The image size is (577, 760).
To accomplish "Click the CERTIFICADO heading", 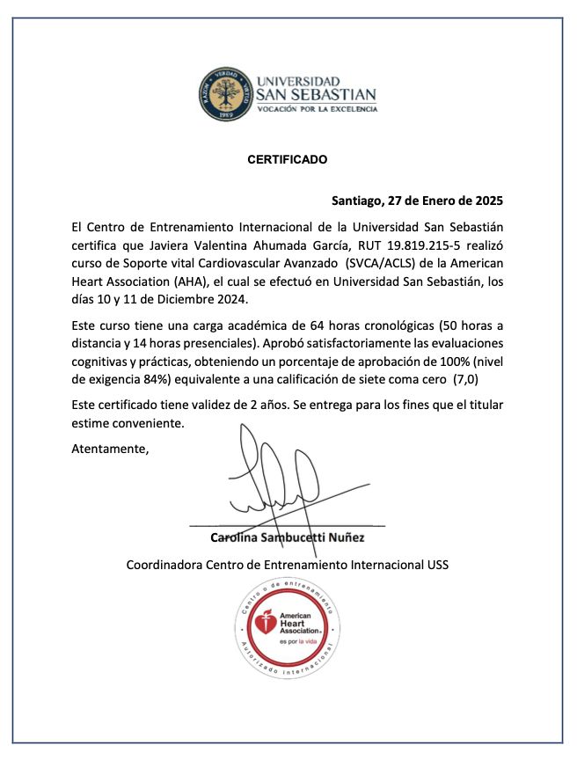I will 287,160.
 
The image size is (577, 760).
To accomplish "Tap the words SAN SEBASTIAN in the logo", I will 315,94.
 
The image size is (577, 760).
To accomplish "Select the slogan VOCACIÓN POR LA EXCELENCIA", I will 316,109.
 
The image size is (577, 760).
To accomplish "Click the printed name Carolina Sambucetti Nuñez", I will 287,537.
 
